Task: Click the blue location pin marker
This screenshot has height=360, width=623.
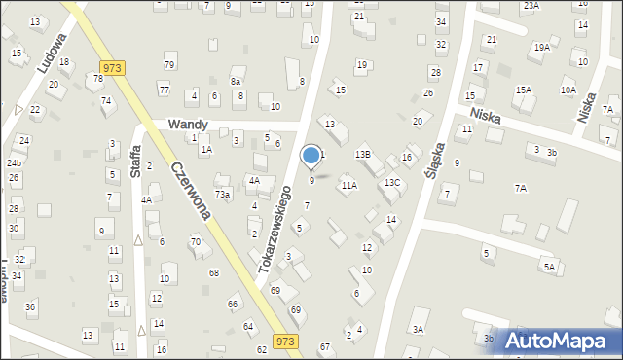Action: [311, 155]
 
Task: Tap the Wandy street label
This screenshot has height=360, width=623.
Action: [187, 125]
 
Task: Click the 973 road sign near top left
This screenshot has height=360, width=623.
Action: [111, 67]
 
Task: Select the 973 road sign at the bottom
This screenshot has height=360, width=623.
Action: [285, 341]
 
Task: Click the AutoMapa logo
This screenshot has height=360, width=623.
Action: [563, 341]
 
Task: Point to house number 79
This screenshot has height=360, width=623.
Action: [169, 65]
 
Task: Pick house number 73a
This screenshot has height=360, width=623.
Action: [223, 195]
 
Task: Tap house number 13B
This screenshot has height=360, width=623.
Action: [362, 154]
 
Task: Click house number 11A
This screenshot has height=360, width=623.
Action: [348, 185]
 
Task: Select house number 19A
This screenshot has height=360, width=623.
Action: [541, 47]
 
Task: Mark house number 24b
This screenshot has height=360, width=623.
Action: [15, 162]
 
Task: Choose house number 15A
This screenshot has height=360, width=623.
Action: [524, 90]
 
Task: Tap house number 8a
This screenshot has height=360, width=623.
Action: [236, 82]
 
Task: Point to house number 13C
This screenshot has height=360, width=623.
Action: [391, 182]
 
